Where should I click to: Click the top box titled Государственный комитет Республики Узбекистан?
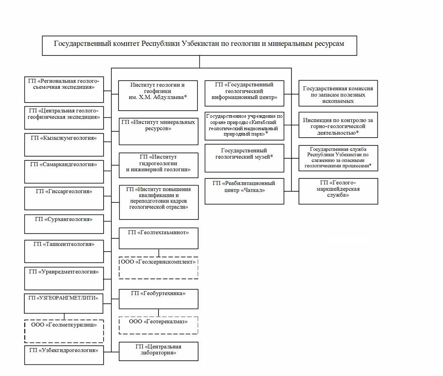[x=199, y=45]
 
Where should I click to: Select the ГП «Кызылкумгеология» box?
[x=64, y=145]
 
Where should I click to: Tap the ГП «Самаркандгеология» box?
[x=64, y=171]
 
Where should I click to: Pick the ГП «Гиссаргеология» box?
[x=64, y=198]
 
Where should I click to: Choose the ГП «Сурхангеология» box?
[x=64, y=224]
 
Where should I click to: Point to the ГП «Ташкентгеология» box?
[x=64, y=251]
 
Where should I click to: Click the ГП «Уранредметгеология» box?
[x=64, y=278]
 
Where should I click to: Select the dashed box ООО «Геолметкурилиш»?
[x=64, y=331]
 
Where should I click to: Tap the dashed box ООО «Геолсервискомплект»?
[x=159, y=268]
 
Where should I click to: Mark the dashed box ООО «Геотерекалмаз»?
[x=159, y=326]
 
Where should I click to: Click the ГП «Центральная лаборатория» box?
[x=159, y=351]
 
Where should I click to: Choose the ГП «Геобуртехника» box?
[x=159, y=299]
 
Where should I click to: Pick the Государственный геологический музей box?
[x=244, y=158]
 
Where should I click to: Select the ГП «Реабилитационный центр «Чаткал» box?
[x=244, y=191]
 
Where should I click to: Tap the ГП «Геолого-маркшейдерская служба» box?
[x=338, y=191]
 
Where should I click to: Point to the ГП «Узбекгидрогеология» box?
[x=64, y=355]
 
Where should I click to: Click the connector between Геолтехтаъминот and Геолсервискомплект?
[x=159, y=253]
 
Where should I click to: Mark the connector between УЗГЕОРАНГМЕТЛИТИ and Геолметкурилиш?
[x=64, y=317]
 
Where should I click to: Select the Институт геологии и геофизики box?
[x=158, y=95]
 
